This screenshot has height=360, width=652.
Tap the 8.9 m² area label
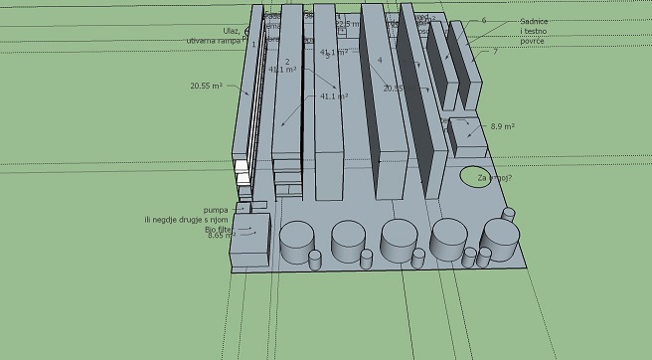click(x=504, y=126)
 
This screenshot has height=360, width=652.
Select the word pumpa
click(x=216, y=210)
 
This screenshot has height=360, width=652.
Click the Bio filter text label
click(x=219, y=228)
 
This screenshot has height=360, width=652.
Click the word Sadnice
click(x=534, y=21)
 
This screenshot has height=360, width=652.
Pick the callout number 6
click(x=484, y=20)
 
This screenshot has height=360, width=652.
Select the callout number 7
click(x=495, y=51)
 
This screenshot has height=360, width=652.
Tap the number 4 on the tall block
click(x=380, y=61)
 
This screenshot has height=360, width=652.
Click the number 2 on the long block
click(x=286, y=62)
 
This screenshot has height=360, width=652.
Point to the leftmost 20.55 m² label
click(x=206, y=87)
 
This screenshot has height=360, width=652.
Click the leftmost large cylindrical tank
click(x=297, y=242)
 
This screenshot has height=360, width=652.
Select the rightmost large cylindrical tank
click(x=501, y=240)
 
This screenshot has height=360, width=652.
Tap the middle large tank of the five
click(x=399, y=241)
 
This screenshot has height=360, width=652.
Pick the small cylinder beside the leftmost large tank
click(x=317, y=260)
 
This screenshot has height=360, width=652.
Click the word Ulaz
click(x=232, y=31)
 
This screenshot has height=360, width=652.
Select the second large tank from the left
click(x=348, y=241)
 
